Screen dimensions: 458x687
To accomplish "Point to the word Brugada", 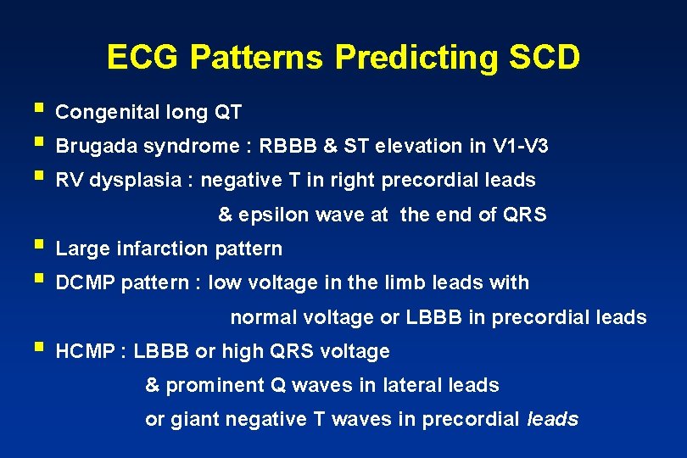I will (94, 146).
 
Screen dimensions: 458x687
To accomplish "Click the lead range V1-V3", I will (520, 146).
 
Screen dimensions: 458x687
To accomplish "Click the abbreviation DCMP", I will (86, 282).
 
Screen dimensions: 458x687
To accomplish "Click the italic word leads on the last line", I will (553, 419).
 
